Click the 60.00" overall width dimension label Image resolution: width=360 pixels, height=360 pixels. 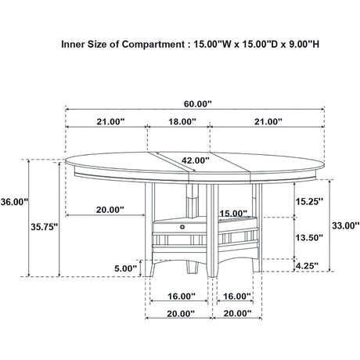pyautogui.click(x=197, y=104)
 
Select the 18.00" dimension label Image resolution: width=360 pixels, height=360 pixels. pyautogui.click(x=182, y=121)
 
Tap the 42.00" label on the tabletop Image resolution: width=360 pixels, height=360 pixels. pyautogui.click(x=196, y=160)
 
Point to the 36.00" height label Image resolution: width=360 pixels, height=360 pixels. pyautogui.click(x=14, y=202)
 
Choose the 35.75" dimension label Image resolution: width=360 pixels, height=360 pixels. pyautogui.click(x=45, y=227)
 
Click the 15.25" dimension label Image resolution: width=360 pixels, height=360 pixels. pyautogui.click(x=309, y=201)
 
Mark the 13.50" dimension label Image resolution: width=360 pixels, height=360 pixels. pyautogui.click(x=309, y=237)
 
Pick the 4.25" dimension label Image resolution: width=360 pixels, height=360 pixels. pyautogui.click(x=307, y=266)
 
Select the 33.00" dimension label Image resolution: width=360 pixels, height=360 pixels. pyautogui.click(x=345, y=225)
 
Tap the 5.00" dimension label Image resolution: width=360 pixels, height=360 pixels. pyautogui.click(x=126, y=268)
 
